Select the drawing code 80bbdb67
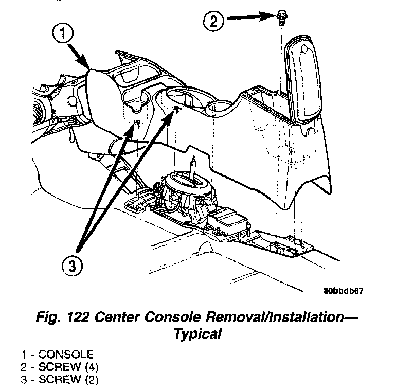click(344, 290)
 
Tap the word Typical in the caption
click(197, 334)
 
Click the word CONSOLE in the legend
click(67, 355)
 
